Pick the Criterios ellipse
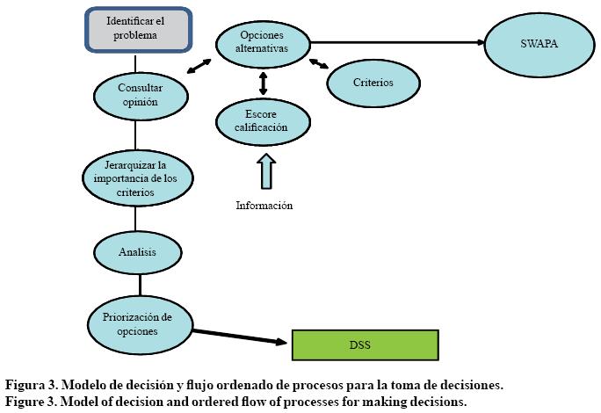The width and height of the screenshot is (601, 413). (373, 83)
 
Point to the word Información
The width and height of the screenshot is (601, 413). (264, 206)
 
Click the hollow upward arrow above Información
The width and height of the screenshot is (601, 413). (264, 171)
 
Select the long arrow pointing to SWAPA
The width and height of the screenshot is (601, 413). (395, 41)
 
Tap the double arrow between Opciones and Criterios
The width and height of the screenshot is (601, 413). (318, 63)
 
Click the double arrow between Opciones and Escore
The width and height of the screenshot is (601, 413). (263, 83)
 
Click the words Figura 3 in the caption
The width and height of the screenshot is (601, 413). (29, 385)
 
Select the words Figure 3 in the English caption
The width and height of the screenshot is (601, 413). (29, 401)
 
